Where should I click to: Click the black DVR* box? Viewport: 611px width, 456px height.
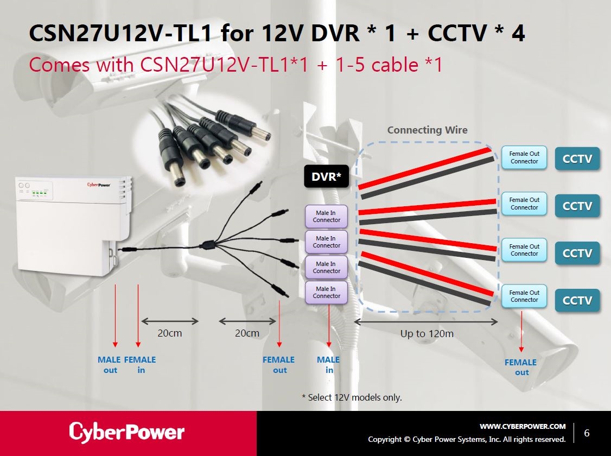[x=326, y=177]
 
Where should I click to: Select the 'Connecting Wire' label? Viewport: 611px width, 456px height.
[x=427, y=130]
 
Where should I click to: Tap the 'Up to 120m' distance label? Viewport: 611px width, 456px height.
[x=427, y=333]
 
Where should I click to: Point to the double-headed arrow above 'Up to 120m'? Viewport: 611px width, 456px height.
[x=426, y=321]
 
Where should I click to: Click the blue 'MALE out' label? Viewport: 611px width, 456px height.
[x=110, y=365]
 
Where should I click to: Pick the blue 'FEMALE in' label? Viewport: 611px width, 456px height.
[x=140, y=365]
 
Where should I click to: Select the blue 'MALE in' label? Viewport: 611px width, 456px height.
[x=328, y=365]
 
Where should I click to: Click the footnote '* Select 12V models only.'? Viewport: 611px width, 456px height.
[x=352, y=397]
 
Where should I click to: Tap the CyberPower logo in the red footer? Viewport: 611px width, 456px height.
[x=126, y=432]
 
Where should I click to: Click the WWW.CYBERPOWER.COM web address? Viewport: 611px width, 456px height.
[x=522, y=426]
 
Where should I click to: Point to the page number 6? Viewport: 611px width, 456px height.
[x=587, y=433]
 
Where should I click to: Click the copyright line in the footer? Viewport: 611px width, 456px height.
[x=467, y=439]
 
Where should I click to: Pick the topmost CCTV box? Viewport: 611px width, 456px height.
[x=577, y=159]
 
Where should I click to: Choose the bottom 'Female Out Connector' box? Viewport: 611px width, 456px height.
[x=524, y=296]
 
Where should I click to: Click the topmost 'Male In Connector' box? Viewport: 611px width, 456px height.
[x=327, y=217]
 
